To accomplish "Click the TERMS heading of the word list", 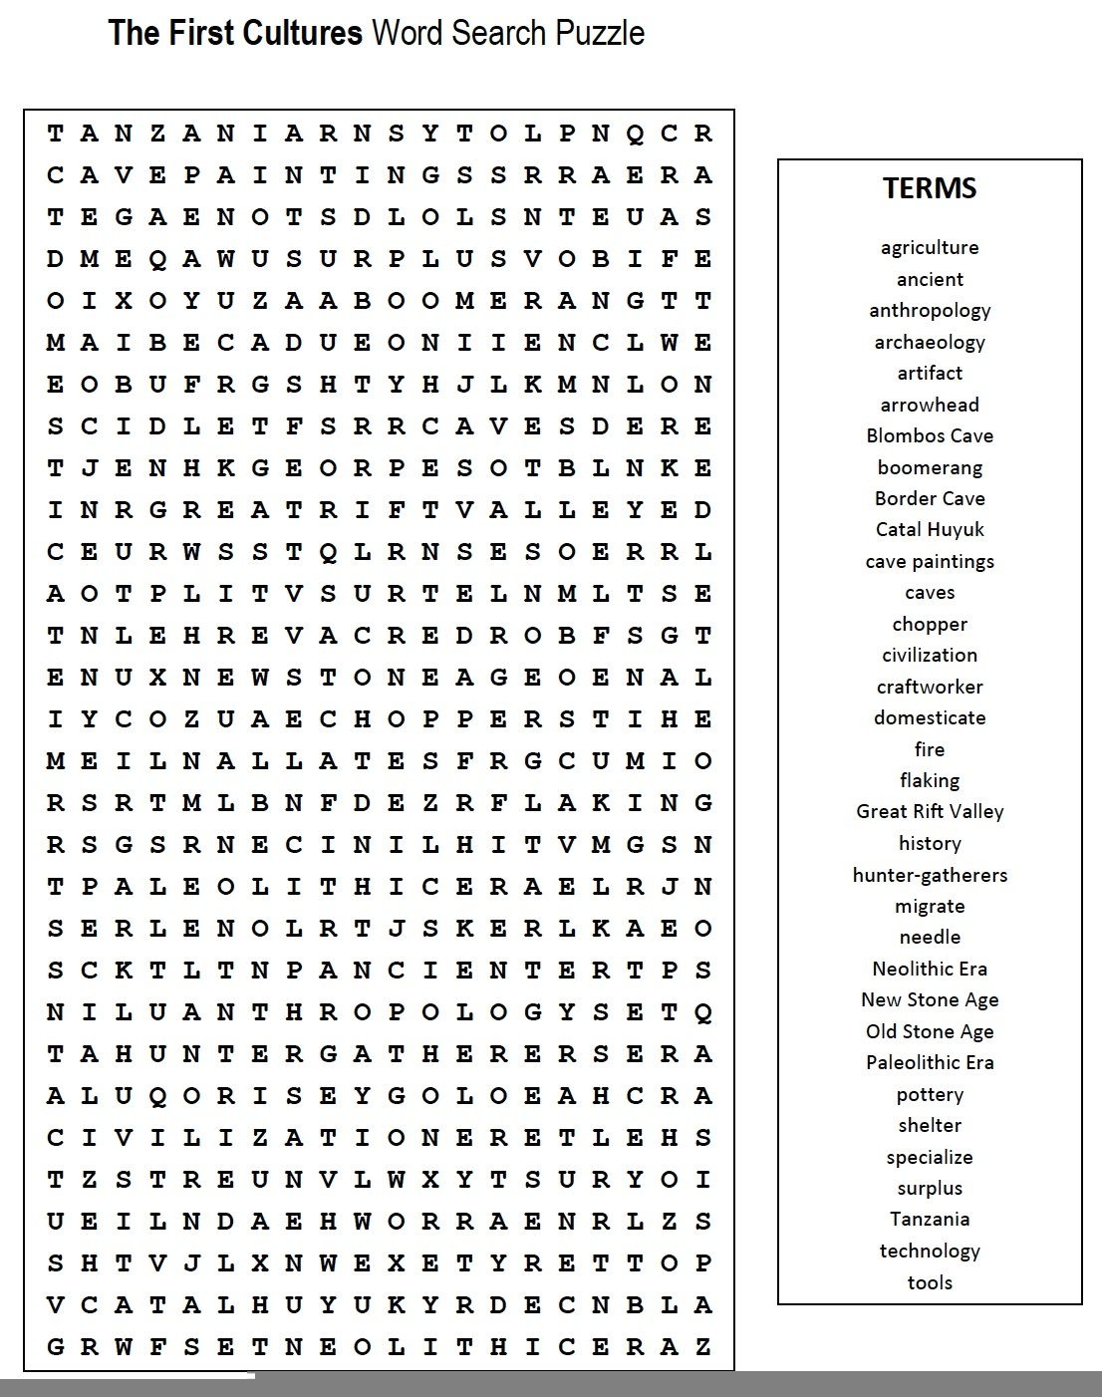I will (929, 188).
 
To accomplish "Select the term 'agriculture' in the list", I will (930, 247).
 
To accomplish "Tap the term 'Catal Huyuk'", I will (930, 529).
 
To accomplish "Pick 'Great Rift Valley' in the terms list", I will (930, 811).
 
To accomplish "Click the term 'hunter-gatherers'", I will (930, 875).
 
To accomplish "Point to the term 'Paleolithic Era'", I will (930, 1062).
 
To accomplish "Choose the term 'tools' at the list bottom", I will (930, 1282).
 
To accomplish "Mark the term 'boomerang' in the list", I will (930, 467).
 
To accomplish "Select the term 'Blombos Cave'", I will (930, 435).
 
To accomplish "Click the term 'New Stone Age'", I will (930, 999).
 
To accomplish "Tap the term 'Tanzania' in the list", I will (930, 1219).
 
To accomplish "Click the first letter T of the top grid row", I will (56, 134).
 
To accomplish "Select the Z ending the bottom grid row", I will (702, 1347).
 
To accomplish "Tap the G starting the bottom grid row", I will (56, 1347).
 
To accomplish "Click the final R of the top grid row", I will (702, 134).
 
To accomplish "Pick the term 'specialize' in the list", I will (930, 1157).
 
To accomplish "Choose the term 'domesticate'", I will (930, 717).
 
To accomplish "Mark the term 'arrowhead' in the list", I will (930, 405).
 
